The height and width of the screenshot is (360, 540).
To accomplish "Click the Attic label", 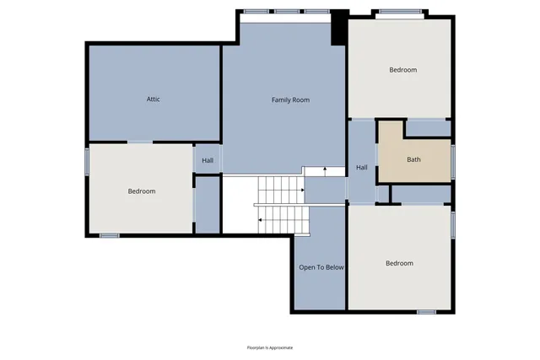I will click(x=153, y=99).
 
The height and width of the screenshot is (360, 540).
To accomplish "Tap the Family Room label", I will click(x=290, y=100).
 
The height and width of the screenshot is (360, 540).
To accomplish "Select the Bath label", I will click(x=413, y=159).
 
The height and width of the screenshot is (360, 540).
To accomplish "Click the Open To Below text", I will click(x=321, y=267).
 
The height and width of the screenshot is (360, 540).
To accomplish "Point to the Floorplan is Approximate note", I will click(x=269, y=347).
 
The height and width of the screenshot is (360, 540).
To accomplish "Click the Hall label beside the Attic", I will click(x=208, y=160).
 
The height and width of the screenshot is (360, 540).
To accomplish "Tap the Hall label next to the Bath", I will click(x=362, y=168).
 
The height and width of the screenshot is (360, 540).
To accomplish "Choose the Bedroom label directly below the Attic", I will click(x=142, y=191).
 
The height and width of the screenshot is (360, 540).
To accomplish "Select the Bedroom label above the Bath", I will click(x=402, y=70).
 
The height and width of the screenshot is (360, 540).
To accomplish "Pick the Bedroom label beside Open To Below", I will click(x=399, y=263).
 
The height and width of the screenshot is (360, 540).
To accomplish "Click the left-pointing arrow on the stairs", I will click(x=260, y=219).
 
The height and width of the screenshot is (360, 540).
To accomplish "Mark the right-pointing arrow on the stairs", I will click(x=300, y=190).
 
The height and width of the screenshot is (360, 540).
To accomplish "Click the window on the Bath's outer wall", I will click(x=453, y=160).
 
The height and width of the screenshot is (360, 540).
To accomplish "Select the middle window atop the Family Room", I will click(x=287, y=12).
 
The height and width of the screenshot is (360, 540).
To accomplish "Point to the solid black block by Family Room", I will click(x=338, y=27).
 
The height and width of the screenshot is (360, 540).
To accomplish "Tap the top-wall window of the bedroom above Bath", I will click(x=394, y=12).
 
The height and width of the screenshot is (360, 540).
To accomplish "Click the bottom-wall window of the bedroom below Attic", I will click(x=109, y=235).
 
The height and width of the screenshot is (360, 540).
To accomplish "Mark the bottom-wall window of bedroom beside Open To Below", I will click(x=426, y=312).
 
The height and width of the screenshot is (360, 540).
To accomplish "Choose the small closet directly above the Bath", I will click(x=428, y=129).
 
